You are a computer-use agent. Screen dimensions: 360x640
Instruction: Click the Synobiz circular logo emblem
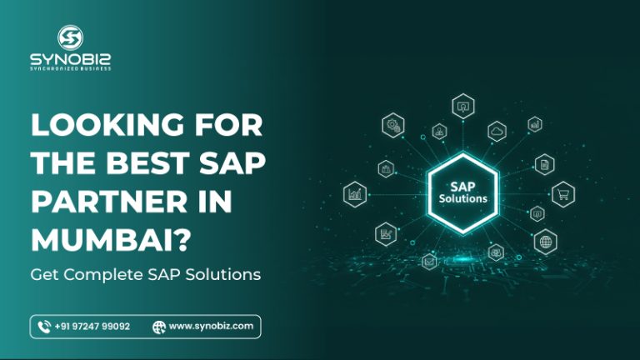69,37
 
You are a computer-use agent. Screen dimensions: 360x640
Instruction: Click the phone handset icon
44,327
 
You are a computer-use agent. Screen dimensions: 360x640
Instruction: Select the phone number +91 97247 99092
92,327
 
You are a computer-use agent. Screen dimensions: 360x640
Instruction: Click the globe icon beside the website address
158,327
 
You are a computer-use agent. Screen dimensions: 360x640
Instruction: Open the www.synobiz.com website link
211,327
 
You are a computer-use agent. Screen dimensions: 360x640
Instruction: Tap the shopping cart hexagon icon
562,194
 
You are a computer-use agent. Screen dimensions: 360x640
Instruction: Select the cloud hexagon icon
497,130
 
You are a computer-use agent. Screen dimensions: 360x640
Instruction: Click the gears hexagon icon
392,125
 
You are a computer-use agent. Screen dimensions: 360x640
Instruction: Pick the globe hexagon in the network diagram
546,242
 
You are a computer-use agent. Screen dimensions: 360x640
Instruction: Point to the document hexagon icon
544,164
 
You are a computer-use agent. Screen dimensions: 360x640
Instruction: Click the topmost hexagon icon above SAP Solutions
462,107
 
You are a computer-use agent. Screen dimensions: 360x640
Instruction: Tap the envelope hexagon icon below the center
429,262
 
